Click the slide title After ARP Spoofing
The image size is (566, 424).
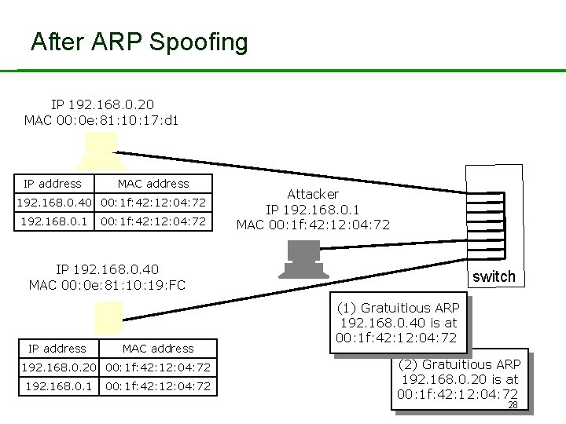pyautogui.click(x=139, y=42)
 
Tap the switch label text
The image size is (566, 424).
pyautogui.click(x=494, y=276)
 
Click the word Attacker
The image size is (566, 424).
pyautogui.click(x=313, y=193)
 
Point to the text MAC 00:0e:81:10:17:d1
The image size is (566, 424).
pyautogui.click(x=101, y=120)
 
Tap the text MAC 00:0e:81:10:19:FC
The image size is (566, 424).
pyautogui.click(x=107, y=284)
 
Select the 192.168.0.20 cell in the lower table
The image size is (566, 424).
pyautogui.click(x=58, y=367)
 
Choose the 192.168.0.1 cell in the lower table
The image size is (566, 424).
pyautogui.click(x=58, y=386)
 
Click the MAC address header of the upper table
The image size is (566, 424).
pyautogui.click(x=153, y=184)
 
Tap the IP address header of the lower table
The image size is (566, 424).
pyautogui.click(x=57, y=349)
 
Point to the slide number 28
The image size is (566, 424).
pyautogui.click(x=513, y=405)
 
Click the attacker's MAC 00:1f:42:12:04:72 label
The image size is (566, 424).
pyautogui.click(x=313, y=225)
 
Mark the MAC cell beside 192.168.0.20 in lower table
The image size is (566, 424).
pyautogui.click(x=158, y=367)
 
